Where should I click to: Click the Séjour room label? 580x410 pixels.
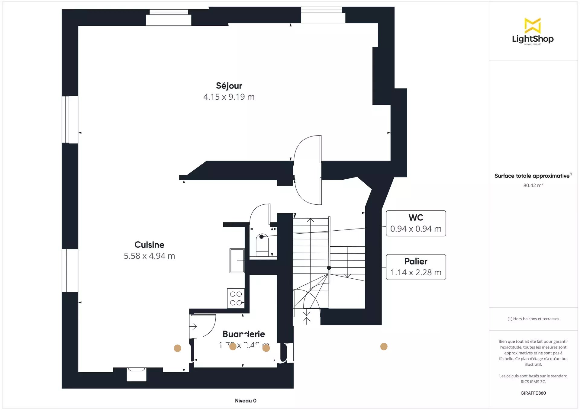click(x=229, y=86)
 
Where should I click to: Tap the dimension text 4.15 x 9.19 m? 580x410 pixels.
click(x=229, y=97)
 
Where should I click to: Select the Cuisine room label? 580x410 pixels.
click(x=149, y=245)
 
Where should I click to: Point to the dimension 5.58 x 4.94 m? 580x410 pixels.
click(x=149, y=256)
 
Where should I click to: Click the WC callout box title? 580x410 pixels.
click(x=416, y=218)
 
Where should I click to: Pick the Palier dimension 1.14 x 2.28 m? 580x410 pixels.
click(x=416, y=273)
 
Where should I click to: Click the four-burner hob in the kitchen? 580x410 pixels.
click(x=236, y=298)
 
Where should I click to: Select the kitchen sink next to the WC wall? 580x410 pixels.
click(x=237, y=261)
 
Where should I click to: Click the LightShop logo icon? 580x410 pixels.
click(x=532, y=25)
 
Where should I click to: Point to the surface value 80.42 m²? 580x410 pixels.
click(x=533, y=185)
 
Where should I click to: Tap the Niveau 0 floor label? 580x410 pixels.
click(x=246, y=401)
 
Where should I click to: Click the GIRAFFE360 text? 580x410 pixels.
click(x=533, y=393)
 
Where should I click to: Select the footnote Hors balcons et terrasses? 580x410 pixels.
click(x=533, y=319)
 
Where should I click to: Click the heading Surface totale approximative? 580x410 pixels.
click(x=532, y=176)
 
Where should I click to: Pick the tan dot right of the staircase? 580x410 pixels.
click(x=384, y=347)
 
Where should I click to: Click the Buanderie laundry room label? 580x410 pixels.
click(x=244, y=334)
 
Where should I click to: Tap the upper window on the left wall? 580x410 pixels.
click(x=70, y=119)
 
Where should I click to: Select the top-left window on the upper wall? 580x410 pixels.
click(x=169, y=18)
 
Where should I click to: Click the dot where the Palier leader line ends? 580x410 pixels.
click(x=329, y=268)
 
